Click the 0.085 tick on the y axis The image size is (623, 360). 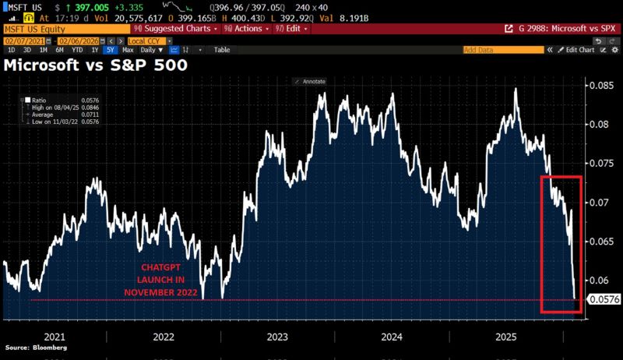600,85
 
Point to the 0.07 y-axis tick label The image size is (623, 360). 598,203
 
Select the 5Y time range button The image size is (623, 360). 109,49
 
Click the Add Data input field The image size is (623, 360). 502,49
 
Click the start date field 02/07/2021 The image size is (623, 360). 22,39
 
